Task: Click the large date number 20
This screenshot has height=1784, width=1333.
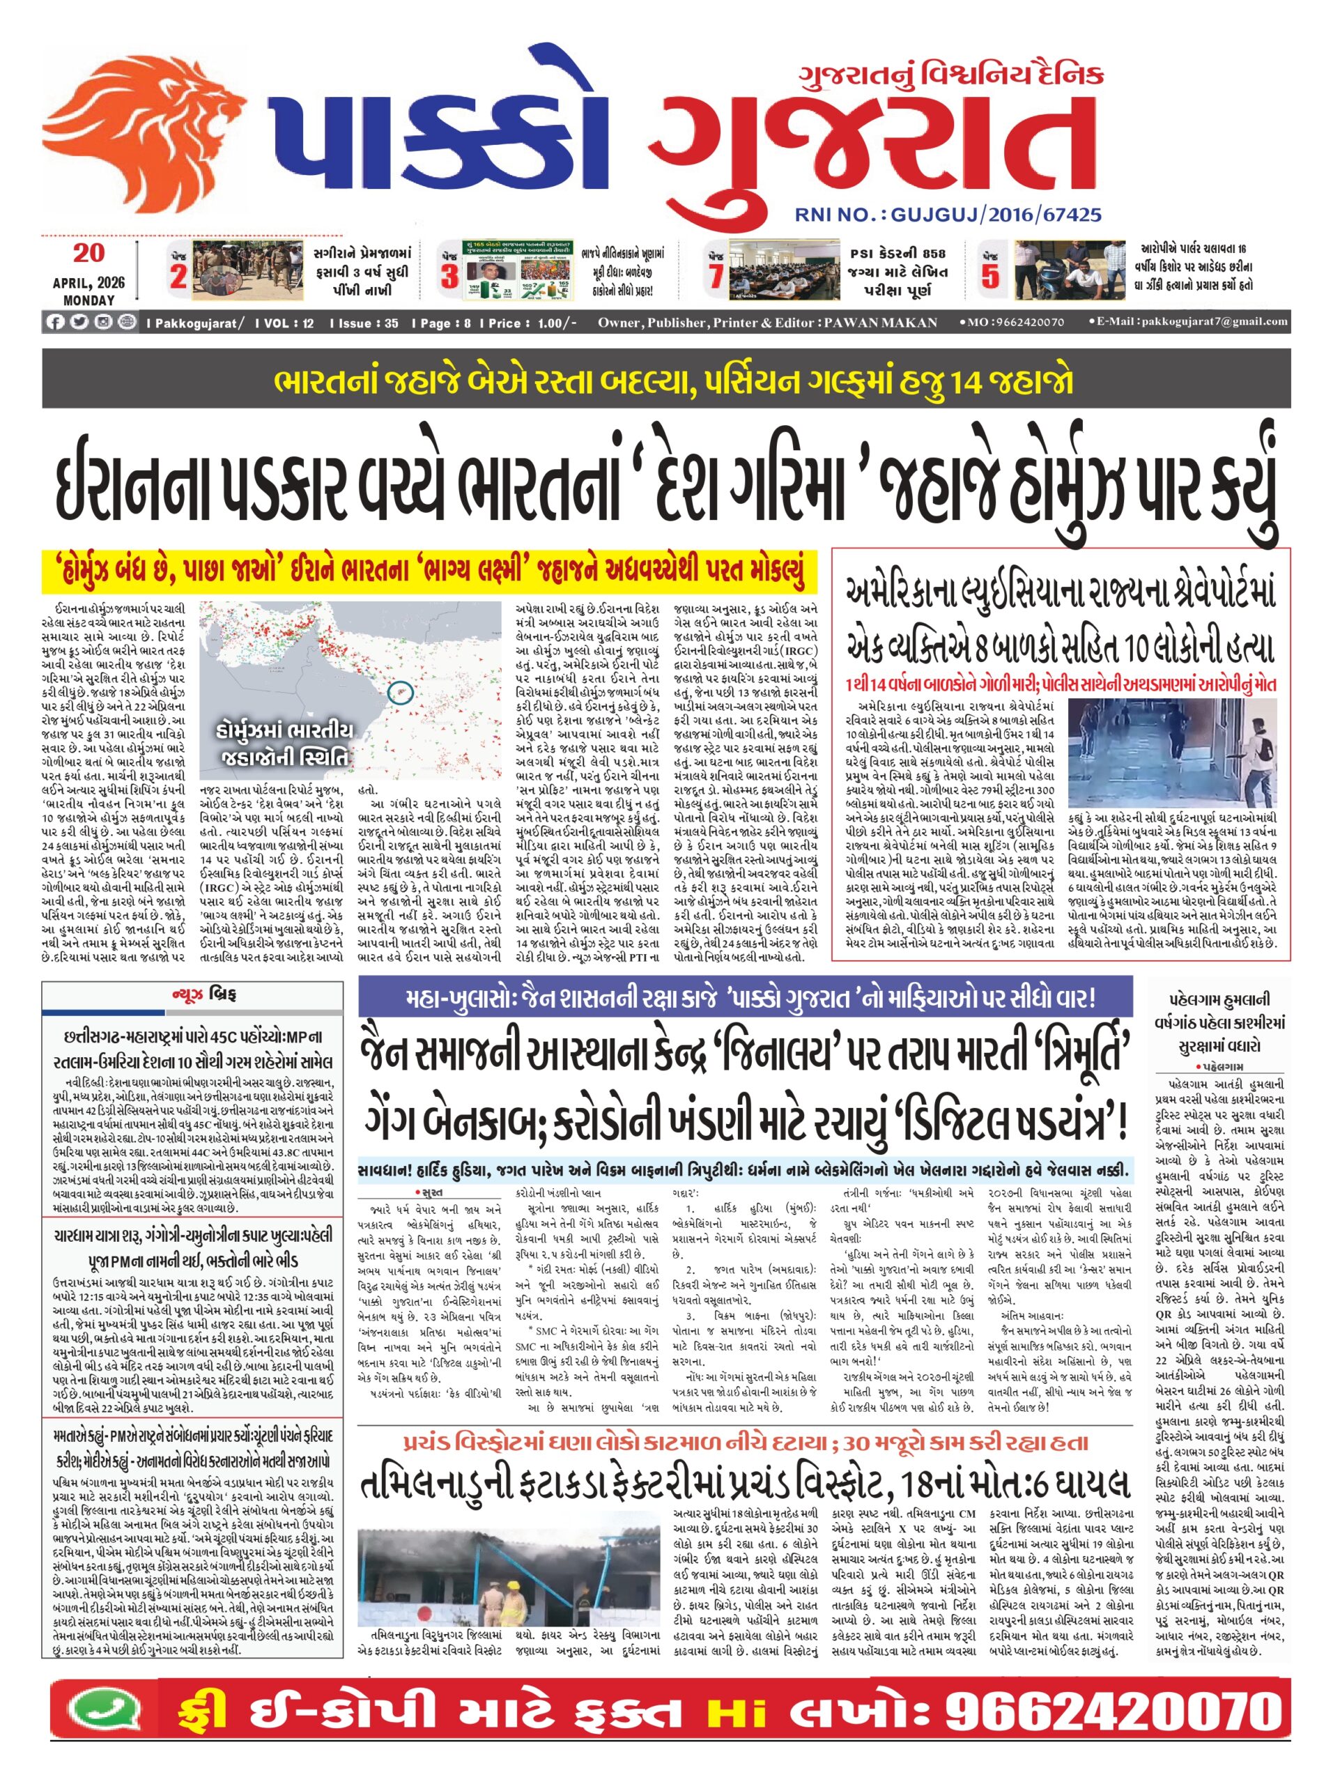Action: pyautogui.click(x=88, y=253)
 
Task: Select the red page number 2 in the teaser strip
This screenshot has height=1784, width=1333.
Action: pyautogui.click(x=178, y=277)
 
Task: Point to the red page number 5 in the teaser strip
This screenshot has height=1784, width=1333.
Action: pyautogui.click(x=989, y=277)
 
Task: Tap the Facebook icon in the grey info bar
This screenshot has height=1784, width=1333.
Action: pyautogui.click(x=55, y=322)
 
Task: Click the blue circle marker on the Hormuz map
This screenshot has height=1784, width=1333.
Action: pyautogui.click(x=400, y=691)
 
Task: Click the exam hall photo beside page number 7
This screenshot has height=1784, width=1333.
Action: pyautogui.click(x=775, y=270)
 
